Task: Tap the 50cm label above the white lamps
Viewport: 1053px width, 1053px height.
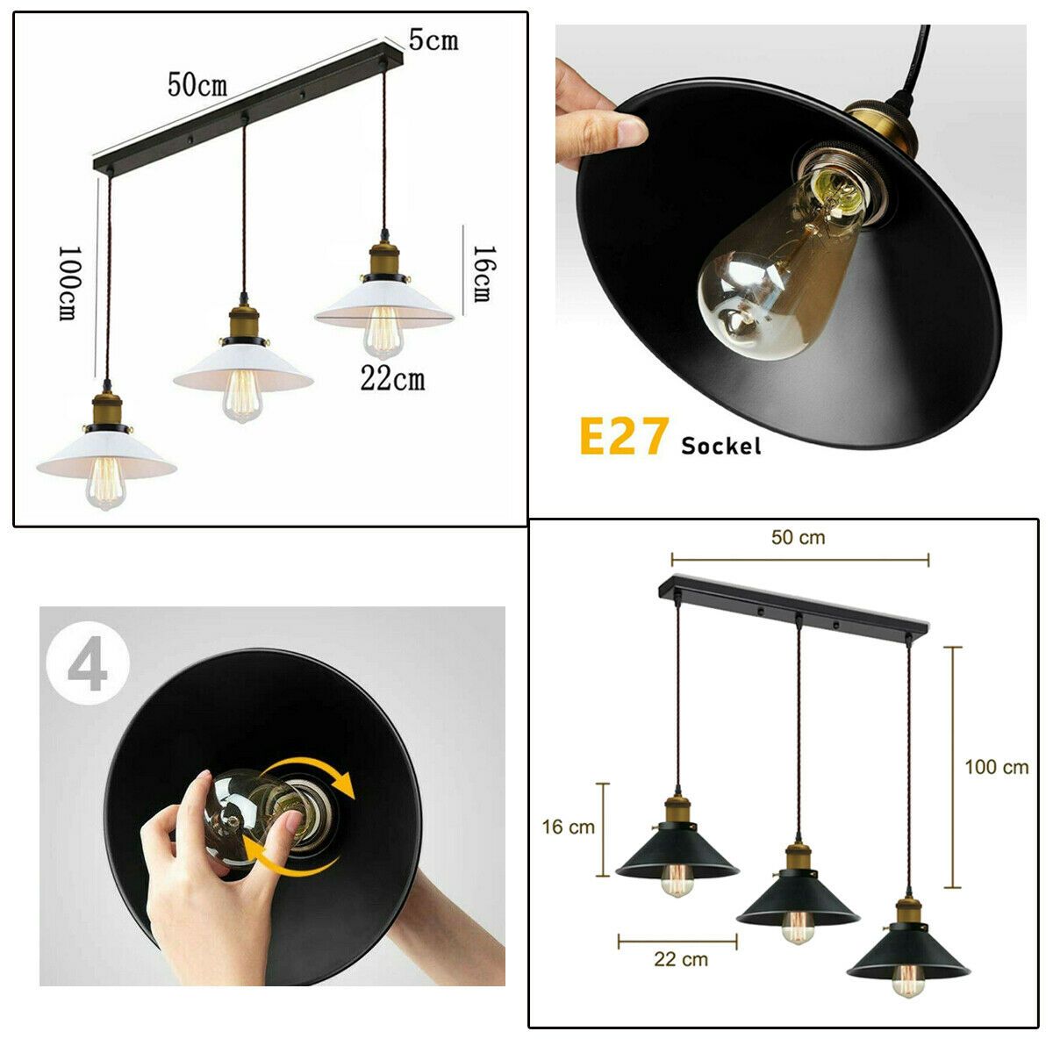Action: (197, 85)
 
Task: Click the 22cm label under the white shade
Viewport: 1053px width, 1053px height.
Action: (392, 378)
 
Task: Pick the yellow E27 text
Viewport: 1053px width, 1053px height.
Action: (624, 436)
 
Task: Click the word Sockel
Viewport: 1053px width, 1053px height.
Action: (720, 446)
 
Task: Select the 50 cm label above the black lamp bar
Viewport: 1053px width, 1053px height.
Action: (798, 537)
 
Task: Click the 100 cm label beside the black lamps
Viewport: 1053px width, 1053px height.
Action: (996, 767)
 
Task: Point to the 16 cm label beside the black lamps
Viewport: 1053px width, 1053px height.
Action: (568, 827)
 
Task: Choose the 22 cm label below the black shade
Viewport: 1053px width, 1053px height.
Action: (681, 959)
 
